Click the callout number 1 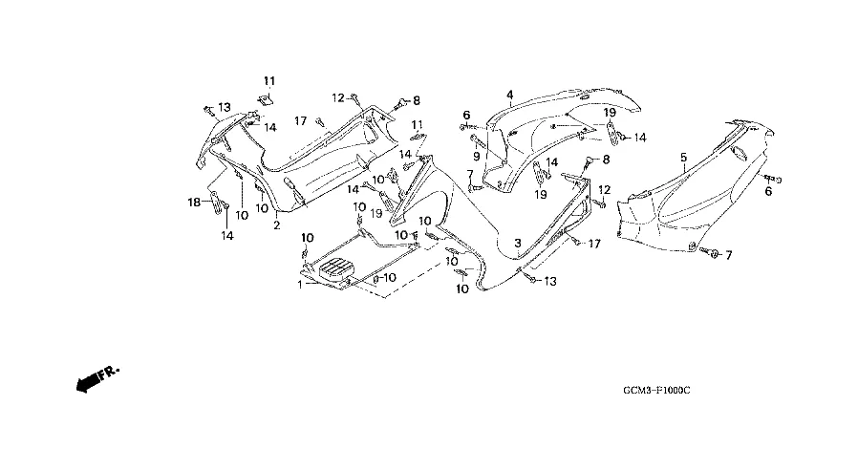pos(300,285)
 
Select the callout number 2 pos(277,224)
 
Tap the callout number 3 pos(517,243)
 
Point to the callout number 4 pos(510,96)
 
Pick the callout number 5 pos(683,158)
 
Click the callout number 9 pos(476,156)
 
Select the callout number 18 pos(194,203)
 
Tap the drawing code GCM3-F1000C pos(656,390)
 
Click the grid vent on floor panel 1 pos(334,268)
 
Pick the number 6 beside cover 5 pos(768,191)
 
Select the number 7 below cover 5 pos(728,255)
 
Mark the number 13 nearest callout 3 pos(550,281)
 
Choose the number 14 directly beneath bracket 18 pos(227,235)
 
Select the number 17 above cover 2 pos(300,121)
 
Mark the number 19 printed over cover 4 pos(610,112)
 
